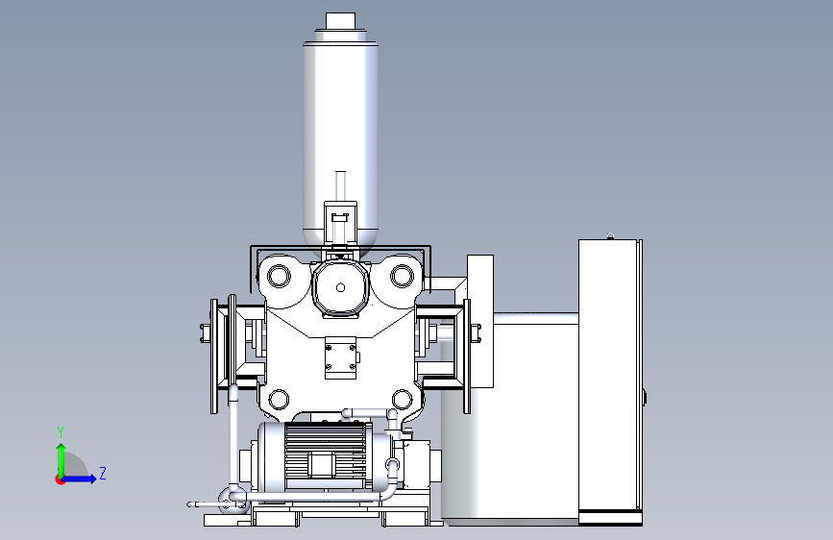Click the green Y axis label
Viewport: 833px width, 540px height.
[x=61, y=432]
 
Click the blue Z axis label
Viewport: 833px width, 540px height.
[x=103, y=474]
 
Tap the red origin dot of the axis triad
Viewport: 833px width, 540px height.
[x=60, y=479]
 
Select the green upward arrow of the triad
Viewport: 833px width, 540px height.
[x=61, y=460]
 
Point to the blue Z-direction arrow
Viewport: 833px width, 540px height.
[x=80, y=479]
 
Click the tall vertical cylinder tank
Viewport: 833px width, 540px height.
[x=340, y=143]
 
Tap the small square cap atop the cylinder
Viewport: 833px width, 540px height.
[x=340, y=20]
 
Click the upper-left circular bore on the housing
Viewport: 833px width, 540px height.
[x=279, y=277]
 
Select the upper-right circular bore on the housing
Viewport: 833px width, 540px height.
[x=403, y=276]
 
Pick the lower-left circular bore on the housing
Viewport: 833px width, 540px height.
[x=279, y=400]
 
